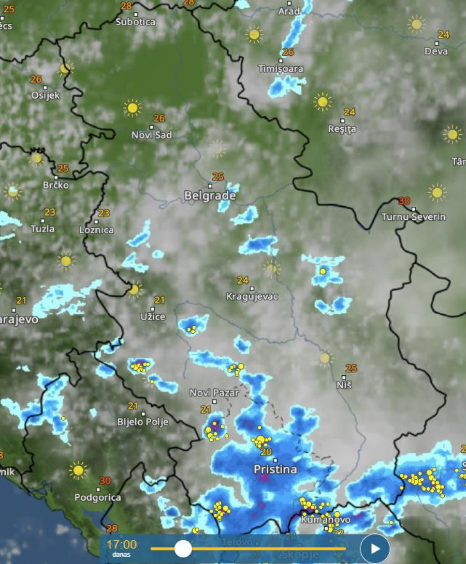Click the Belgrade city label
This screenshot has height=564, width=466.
coord(210,196)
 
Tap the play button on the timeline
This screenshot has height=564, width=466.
coord(375,548)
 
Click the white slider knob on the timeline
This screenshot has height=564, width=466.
coord(183,548)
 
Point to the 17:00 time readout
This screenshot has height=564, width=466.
coord(122,544)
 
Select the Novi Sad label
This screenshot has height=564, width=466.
coord(151,135)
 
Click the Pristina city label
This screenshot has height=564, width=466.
coord(275,469)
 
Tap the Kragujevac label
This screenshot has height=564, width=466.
coord(252,297)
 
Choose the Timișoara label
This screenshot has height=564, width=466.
coord(281,69)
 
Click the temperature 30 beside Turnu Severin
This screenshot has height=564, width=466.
coord(404,201)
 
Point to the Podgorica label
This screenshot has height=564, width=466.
coord(98,498)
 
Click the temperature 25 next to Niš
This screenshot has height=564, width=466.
coord(352,369)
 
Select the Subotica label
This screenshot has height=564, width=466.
coord(135,22)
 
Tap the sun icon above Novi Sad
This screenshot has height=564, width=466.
coord(133,108)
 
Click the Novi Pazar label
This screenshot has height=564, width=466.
coord(214,393)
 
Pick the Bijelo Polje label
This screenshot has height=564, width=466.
coord(142,422)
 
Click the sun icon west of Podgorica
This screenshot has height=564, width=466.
coord(78,470)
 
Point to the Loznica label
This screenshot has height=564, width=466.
coord(97,230)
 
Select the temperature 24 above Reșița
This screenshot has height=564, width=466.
coord(349,112)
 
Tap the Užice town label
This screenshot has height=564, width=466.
coord(153,316)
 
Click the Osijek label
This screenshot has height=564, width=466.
coord(46,95)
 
